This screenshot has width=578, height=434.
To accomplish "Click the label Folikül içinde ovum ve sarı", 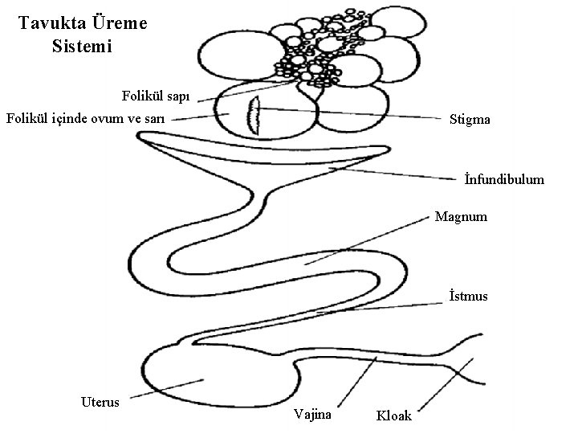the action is pyautogui.click(x=85, y=119).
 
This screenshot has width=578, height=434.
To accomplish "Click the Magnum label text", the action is pyautogui.click(x=460, y=217).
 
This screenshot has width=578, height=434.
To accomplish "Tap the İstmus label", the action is pyautogui.click(x=468, y=297).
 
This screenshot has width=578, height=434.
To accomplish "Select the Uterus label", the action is pyautogui.click(x=100, y=401).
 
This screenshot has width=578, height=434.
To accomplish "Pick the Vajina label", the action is pyautogui.click(x=313, y=415).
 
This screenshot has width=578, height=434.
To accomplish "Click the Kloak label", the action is pyautogui.click(x=393, y=416).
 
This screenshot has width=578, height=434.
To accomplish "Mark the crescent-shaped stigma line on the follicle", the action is pyautogui.click(x=251, y=116).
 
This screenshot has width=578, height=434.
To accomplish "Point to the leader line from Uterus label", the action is pyautogui.click(x=165, y=389).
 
